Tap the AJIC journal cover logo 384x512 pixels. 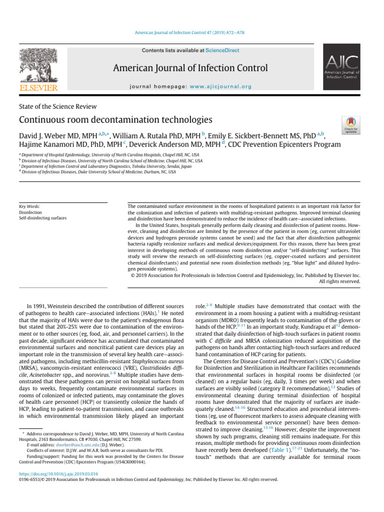[x=342, y=69]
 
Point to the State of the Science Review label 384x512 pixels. [x=58, y=106]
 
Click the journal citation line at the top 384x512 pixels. [x=191, y=32]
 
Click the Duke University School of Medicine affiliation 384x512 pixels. [x=97, y=172]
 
